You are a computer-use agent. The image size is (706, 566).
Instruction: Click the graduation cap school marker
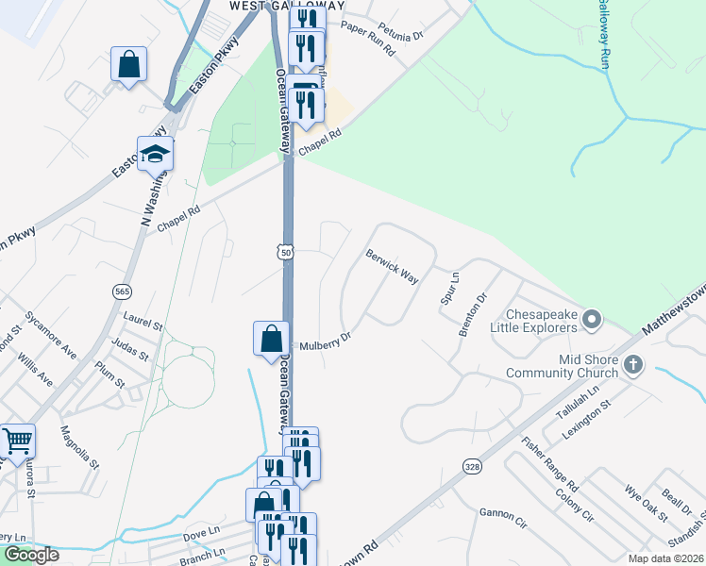tap(155, 154)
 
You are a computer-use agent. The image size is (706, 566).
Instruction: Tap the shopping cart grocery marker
tap(17, 441)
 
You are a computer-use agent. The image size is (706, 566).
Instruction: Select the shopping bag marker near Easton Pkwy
tap(128, 65)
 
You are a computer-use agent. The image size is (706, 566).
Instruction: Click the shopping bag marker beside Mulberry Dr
tap(271, 338)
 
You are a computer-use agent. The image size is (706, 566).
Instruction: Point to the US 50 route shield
tap(285, 252)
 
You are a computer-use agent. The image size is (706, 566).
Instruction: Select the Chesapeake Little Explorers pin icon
tap(592, 320)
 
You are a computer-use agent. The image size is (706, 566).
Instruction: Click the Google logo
tap(31, 555)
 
